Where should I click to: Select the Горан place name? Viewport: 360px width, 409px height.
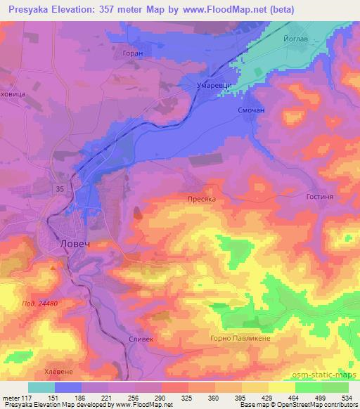131,52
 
